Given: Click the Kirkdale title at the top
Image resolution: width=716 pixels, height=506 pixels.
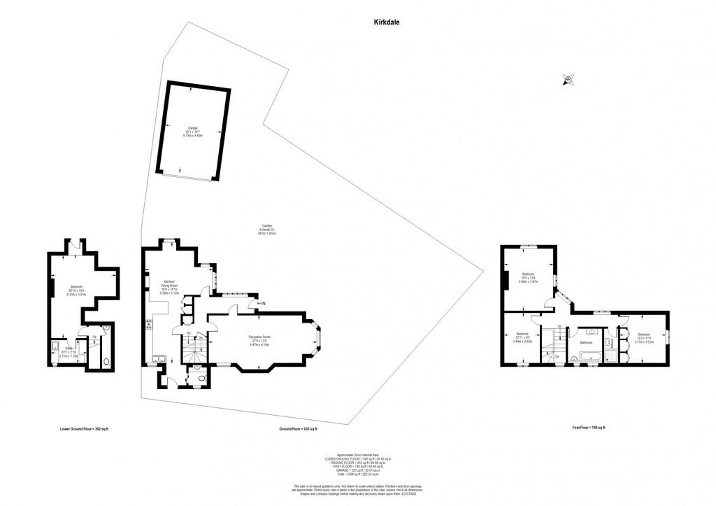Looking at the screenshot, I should click(x=386, y=22).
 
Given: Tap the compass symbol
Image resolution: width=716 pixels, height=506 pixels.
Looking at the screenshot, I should click(x=568, y=80).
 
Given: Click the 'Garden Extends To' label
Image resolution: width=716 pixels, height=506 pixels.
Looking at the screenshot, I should click(x=266, y=230).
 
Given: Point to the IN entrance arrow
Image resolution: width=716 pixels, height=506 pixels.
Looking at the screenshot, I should click(x=262, y=303).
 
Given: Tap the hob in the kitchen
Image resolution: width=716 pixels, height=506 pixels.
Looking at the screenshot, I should click(x=149, y=324).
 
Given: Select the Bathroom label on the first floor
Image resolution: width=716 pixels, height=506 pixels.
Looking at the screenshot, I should click(x=586, y=343).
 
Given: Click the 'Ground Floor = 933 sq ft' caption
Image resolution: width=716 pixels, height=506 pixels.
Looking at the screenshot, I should click(x=299, y=428).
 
